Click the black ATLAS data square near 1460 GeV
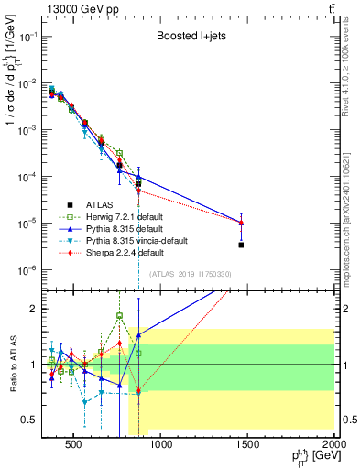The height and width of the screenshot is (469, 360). click(241, 245)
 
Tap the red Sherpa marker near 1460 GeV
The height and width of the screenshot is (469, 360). click(241, 223)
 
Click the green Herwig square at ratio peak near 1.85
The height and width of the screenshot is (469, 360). click(119, 316)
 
